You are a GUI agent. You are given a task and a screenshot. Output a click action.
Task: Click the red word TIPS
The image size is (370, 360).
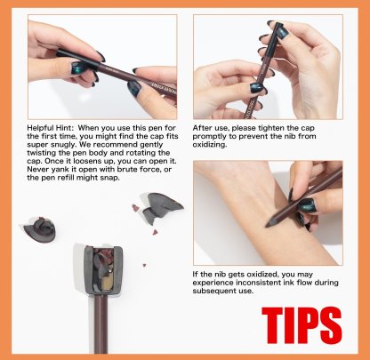pyautogui.click(x=302, y=325)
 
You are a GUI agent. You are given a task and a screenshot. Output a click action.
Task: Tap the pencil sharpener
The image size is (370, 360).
pyautogui.click(x=102, y=270)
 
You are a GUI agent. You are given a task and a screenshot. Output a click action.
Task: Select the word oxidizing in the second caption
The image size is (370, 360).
pyautogui.click(x=210, y=145)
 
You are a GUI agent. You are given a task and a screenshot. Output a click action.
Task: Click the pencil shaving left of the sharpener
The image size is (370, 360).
pyautogui.click(x=40, y=228)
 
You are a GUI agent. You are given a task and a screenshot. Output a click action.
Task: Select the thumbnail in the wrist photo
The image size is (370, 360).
pyautogui.click(x=307, y=204)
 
